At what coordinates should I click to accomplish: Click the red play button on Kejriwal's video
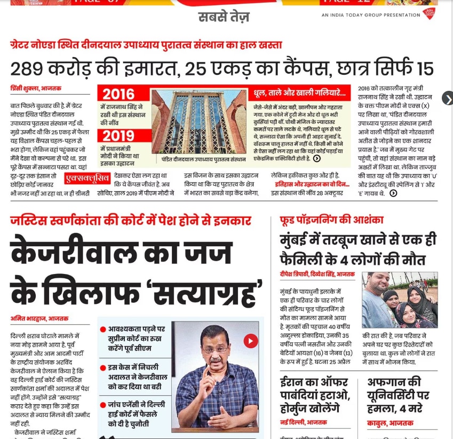[250, 341]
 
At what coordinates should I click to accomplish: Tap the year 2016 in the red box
[118, 94]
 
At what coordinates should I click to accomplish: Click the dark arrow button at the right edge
[447, 98]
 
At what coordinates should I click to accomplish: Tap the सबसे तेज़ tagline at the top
[224, 17]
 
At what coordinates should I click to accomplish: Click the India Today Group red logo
[428, 14]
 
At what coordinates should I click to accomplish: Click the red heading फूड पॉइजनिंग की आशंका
[331, 220]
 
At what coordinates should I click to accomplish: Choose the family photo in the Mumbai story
[400, 300]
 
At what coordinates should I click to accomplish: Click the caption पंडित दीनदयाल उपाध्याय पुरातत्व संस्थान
[200, 159]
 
